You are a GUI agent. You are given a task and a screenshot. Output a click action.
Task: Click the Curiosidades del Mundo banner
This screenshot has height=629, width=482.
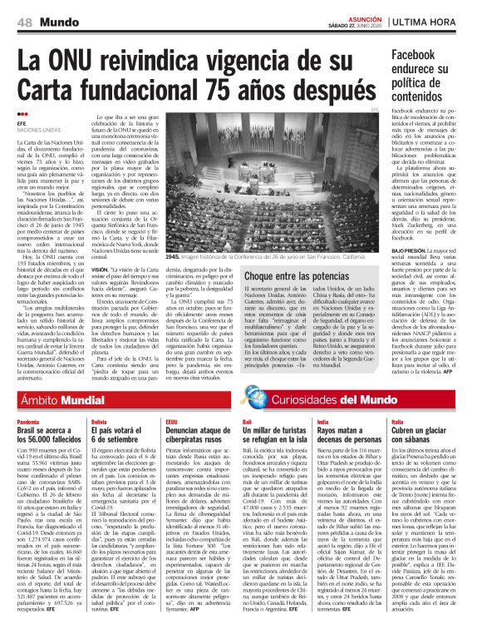[x=307, y=399]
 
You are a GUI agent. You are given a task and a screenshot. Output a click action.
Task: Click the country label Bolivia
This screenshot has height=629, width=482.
[x=99, y=423]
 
